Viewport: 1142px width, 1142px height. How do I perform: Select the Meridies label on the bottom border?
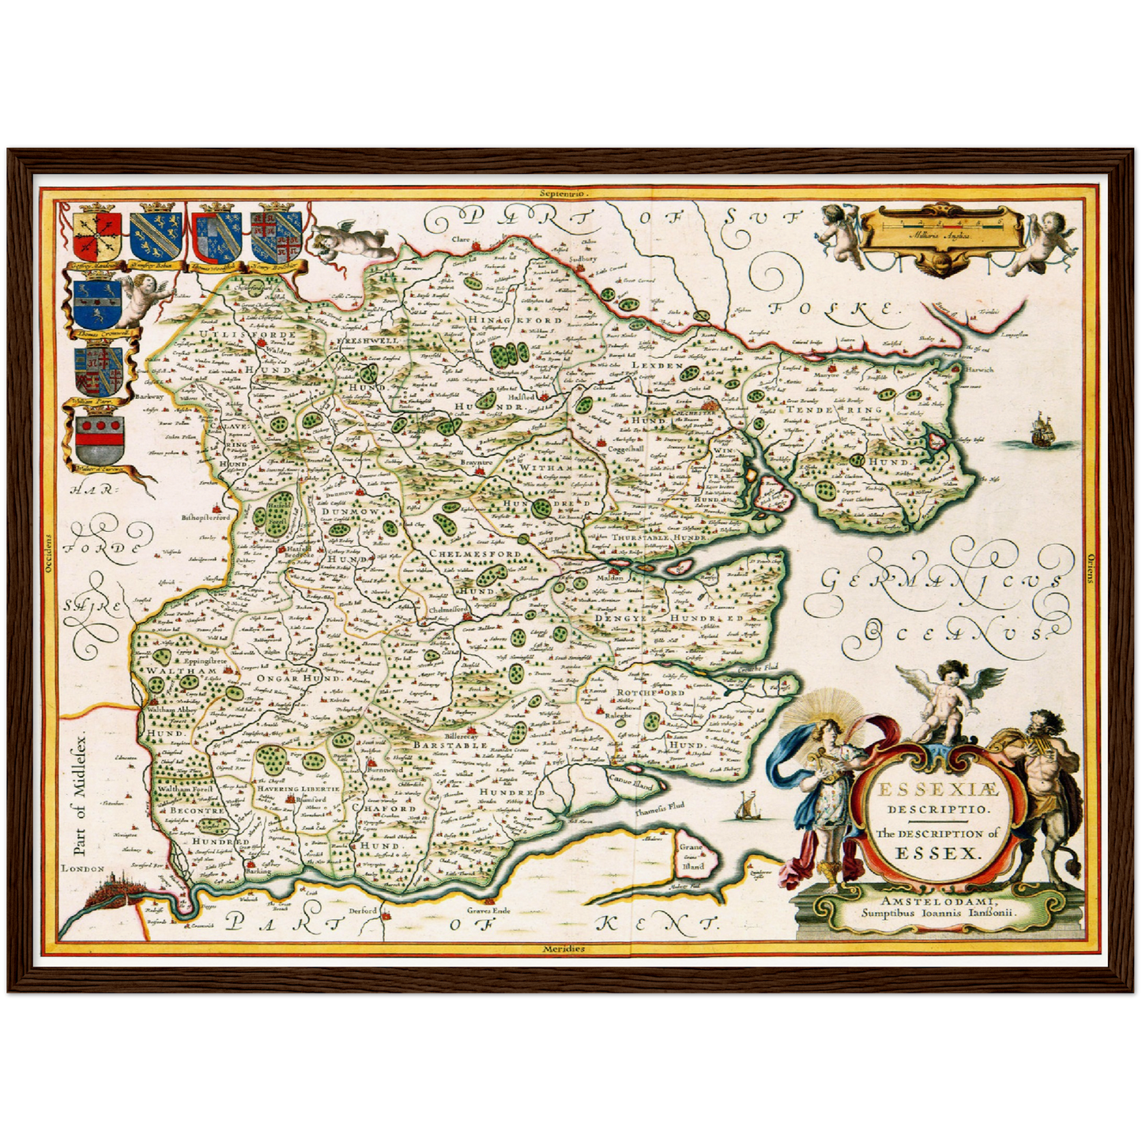[x=564, y=948]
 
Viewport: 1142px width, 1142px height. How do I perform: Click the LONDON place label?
[x=83, y=868]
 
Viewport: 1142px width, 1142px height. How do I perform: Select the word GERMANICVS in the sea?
[x=940, y=581]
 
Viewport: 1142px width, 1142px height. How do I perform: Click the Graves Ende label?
[x=490, y=910]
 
